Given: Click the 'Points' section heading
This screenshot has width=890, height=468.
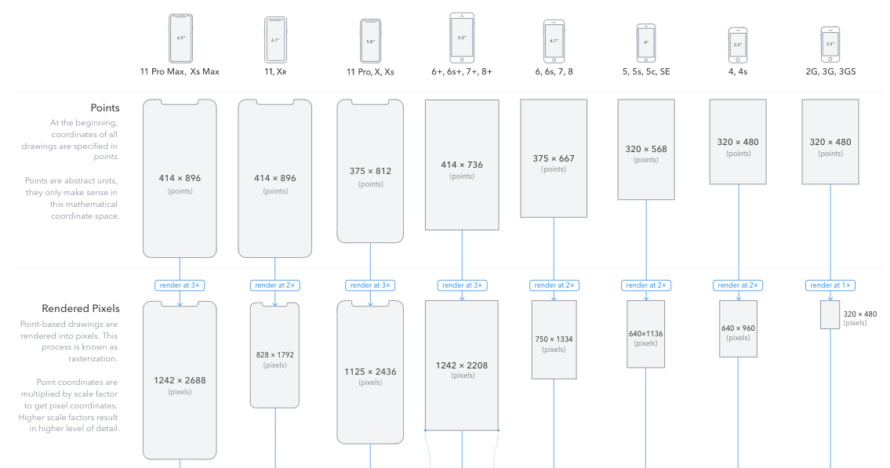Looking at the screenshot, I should point(104,108).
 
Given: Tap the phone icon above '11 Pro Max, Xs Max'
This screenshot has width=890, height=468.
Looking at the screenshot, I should point(180,38).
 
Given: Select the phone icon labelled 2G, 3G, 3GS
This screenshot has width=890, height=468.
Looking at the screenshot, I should point(830,45).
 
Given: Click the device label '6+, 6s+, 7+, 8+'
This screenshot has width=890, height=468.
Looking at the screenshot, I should point(462,71).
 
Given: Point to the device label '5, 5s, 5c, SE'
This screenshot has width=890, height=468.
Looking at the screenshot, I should point(646,71).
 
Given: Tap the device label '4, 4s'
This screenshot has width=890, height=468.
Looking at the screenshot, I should point(737,71).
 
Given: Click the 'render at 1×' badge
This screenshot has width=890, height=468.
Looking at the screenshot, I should point(830,285).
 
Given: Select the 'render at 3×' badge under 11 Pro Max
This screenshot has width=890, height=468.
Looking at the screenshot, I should point(180,285).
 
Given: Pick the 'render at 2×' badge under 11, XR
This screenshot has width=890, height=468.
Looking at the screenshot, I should point(275,285).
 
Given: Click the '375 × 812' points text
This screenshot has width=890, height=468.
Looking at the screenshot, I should point(370,171).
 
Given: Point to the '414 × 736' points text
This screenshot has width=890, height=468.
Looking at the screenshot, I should point(462,165).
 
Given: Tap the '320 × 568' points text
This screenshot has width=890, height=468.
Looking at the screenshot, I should point(646,148).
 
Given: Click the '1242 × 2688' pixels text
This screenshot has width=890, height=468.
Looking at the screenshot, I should point(180,380).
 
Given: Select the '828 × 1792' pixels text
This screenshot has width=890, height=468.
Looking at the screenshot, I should point(275,355).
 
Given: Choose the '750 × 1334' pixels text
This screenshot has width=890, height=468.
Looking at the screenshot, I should point(554,339).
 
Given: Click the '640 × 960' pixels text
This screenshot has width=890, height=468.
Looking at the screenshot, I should point(738,328).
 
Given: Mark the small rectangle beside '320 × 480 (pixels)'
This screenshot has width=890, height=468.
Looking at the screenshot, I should point(830,314).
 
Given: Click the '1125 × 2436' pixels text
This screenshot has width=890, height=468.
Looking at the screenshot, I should point(370,372).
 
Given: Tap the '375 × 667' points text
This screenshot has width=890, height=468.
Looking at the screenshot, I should point(554,158).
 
